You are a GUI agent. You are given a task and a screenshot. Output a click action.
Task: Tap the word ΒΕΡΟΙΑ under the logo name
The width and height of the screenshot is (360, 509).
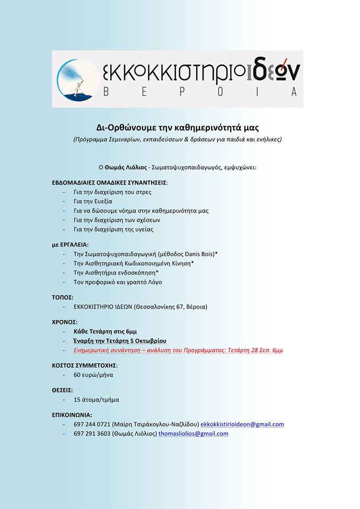pyautogui.click(x=201, y=92)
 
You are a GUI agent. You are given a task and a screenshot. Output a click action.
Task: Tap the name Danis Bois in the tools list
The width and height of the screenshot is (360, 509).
pyautogui.click(x=196, y=254)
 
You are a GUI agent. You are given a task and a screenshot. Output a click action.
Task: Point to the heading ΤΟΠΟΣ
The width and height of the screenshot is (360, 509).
pyautogui.click(x=62, y=297)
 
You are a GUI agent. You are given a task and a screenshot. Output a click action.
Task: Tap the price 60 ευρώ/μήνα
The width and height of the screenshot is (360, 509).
pyautogui.click(x=93, y=375)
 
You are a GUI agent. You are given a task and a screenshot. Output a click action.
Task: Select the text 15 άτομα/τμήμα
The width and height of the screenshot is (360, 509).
pyautogui.click(x=93, y=399)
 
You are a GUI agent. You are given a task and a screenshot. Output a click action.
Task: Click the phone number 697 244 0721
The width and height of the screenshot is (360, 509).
pyautogui.click(x=92, y=424)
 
